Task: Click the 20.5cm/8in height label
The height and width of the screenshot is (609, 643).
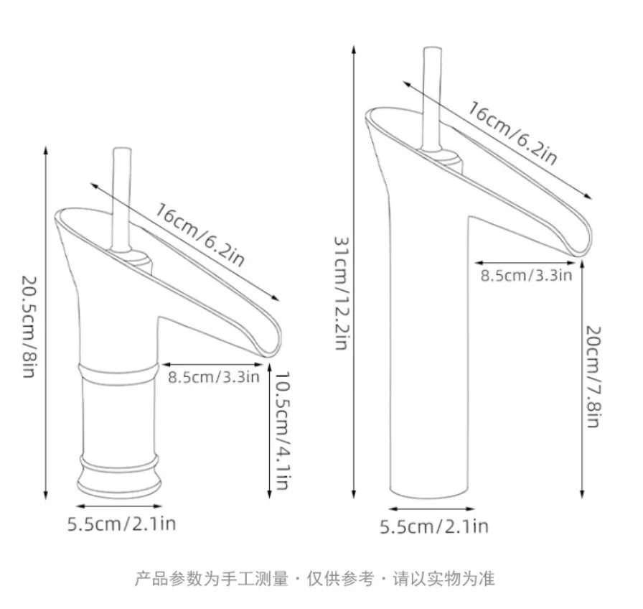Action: click(29, 327)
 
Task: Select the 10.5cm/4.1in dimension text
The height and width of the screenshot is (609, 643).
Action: click(282, 431)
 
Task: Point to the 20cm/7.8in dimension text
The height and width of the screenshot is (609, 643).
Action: click(593, 376)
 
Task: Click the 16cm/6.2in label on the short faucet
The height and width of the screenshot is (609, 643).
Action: click(200, 235)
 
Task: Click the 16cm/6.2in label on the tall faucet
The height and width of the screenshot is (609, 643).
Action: click(512, 134)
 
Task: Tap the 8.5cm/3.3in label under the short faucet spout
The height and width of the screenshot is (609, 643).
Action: click(214, 377)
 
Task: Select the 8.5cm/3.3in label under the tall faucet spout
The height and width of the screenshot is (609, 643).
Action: click(526, 275)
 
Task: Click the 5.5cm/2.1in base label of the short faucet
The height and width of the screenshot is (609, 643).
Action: click(121, 524)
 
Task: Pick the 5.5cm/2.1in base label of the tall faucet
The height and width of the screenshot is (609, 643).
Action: click(434, 526)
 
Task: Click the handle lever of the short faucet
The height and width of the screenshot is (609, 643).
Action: click(122, 199)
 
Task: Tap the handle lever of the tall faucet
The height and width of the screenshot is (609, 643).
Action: click(433, 98)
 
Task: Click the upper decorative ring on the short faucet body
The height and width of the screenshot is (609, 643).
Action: click(118, 373)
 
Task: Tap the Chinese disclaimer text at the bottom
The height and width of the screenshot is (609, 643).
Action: click(315, 579)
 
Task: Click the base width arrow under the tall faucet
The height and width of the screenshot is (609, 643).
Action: click(431, 509)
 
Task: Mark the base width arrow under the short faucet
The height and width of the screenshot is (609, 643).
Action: click(119, 507)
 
